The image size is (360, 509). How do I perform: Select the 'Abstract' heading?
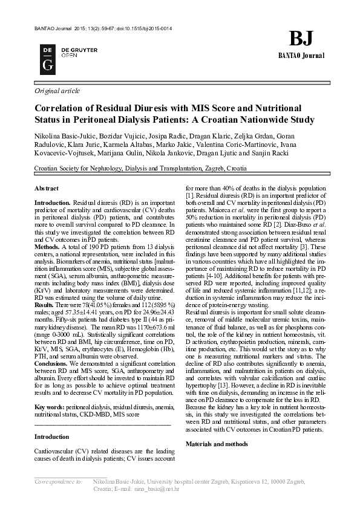[47, 189]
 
